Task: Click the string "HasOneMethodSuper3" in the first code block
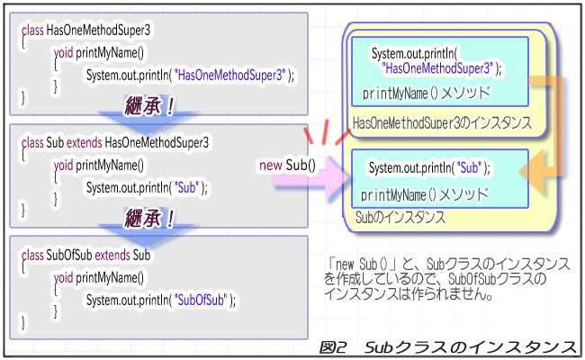tap(233, 75)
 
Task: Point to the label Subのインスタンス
tap(401, 217)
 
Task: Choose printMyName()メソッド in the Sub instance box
tap(424, 193)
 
